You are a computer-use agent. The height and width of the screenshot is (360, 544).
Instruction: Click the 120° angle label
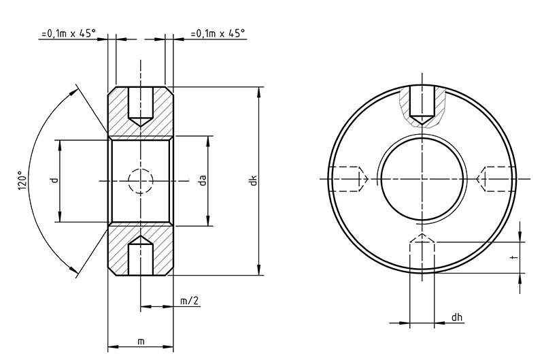[x=23, y=180]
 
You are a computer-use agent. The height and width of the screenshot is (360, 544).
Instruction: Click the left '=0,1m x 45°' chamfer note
[x=69, y=33]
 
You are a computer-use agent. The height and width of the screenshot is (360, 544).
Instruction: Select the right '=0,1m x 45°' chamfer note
[x=218, y=33]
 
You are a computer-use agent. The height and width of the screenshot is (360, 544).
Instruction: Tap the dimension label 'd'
[x=54, y=180]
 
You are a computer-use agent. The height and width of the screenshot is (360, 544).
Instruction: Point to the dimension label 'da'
[x=203, y=180]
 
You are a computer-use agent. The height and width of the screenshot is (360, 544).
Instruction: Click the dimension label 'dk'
[x=254, y=180]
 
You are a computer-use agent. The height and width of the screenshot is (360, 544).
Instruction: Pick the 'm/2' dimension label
[x=190, y=301]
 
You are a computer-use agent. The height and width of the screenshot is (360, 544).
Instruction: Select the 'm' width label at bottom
[x=141, y=342]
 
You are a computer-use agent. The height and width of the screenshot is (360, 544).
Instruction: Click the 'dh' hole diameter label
[x=457, y=317]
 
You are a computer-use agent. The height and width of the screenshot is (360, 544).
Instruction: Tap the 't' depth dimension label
[x=515, y=258]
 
